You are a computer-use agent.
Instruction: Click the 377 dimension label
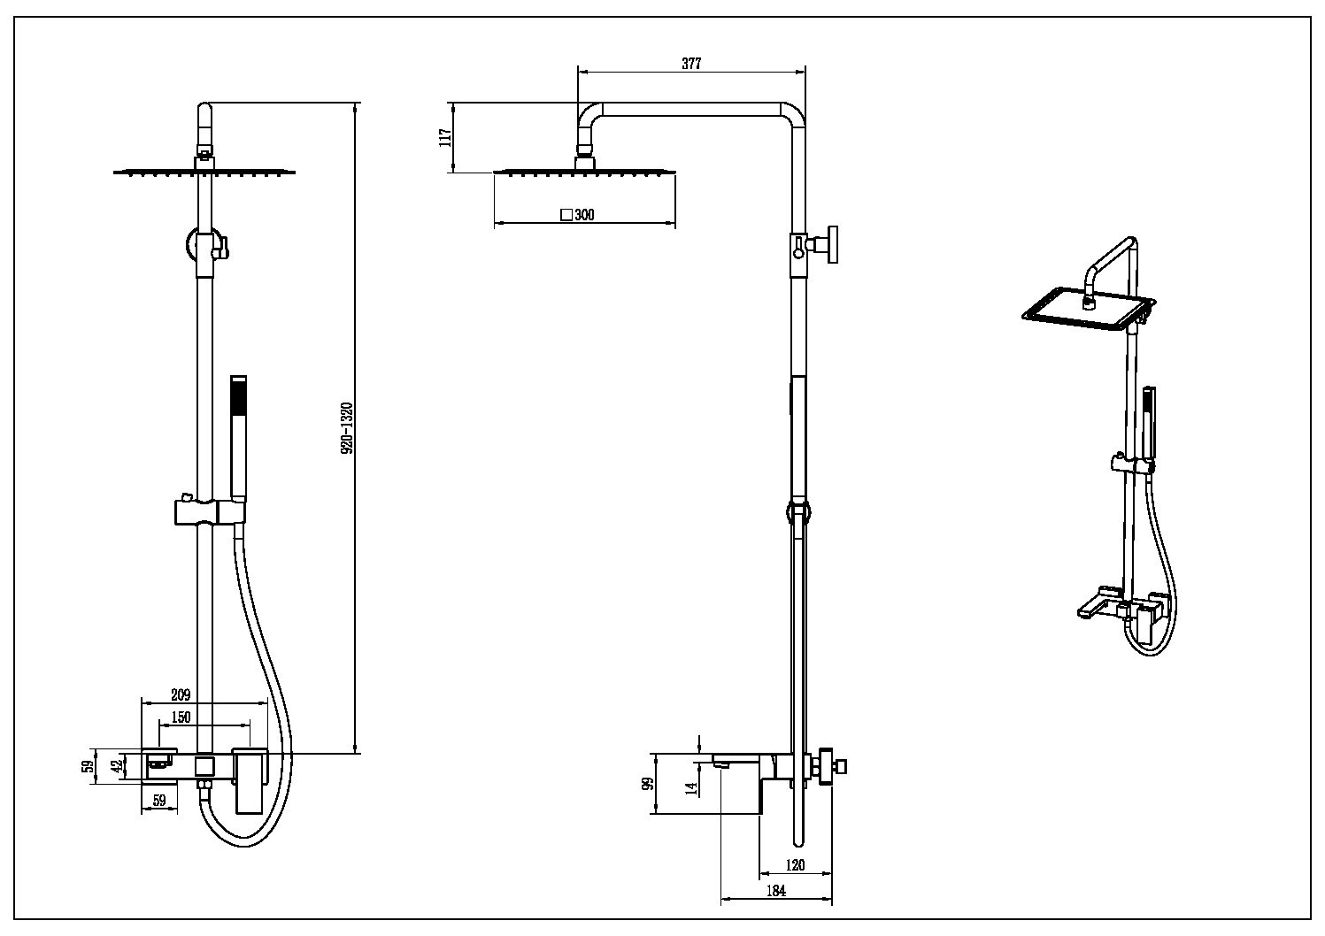pyautogui.click(x=691, y=64)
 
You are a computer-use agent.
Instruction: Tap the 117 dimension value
pyautogui.click(x=446, y=137)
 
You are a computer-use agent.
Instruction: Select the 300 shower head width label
pyautogui.click(x=584, y=215)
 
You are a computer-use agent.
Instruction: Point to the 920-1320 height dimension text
pyautogui.click(x=347, y=428)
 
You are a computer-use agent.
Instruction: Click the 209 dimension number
pyautogui.click(x=180, y=695)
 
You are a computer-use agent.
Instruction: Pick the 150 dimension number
pyautogui.click(x=181, y=717)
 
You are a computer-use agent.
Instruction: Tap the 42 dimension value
pyautogui.click(x=116, y=766)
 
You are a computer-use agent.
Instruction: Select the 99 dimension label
pyautogui.click(x=648, y=784)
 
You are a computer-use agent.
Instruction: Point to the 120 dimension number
pyautogui.click(x=795, y=865)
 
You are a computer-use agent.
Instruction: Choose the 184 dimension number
pyautogui.click(x=775, y=891)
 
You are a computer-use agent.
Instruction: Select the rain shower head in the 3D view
pyautogui.click(x=1086, y=309)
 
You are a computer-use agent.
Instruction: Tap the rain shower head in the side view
pyautogui.click(x=585, y=171)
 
